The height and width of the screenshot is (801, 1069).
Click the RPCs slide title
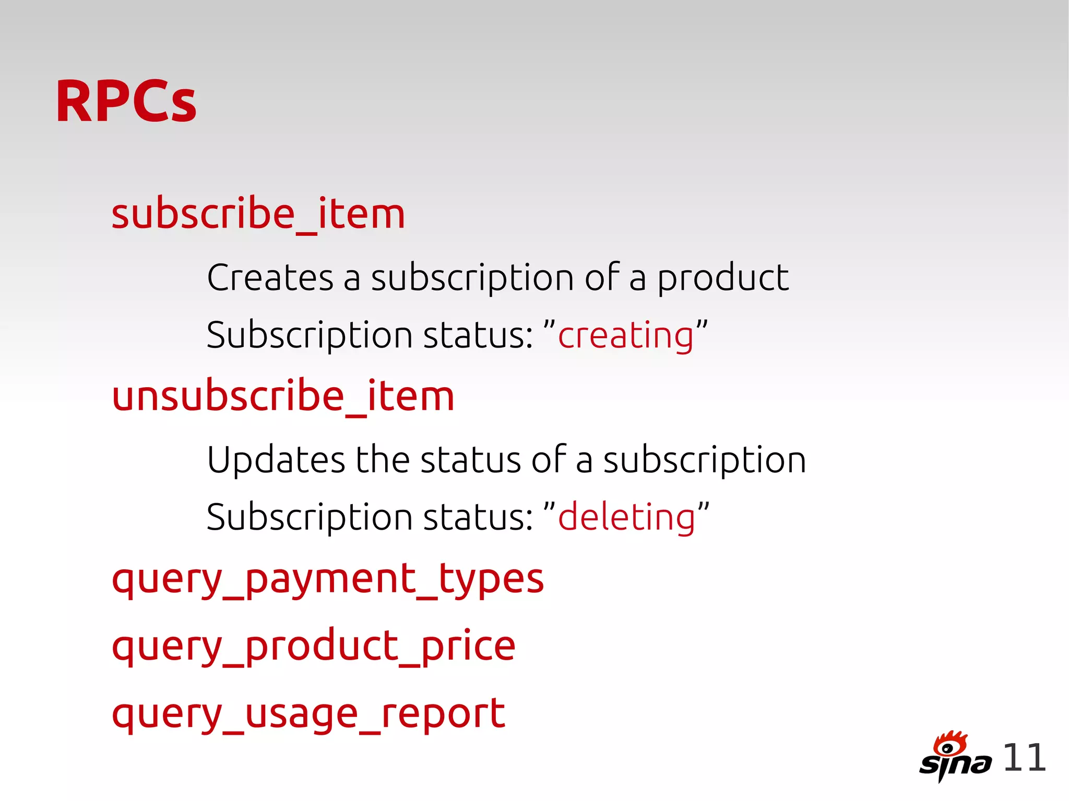126,101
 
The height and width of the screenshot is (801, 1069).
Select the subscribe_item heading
258,214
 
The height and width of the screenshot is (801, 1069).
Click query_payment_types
328,579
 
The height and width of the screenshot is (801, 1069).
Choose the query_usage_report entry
308,714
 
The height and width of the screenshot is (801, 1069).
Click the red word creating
625,336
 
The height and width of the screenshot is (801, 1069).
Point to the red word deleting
626,517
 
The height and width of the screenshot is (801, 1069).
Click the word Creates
270,278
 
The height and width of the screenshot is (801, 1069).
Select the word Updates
276,460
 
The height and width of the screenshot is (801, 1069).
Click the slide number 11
1024,758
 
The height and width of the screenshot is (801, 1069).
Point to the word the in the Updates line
383,460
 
